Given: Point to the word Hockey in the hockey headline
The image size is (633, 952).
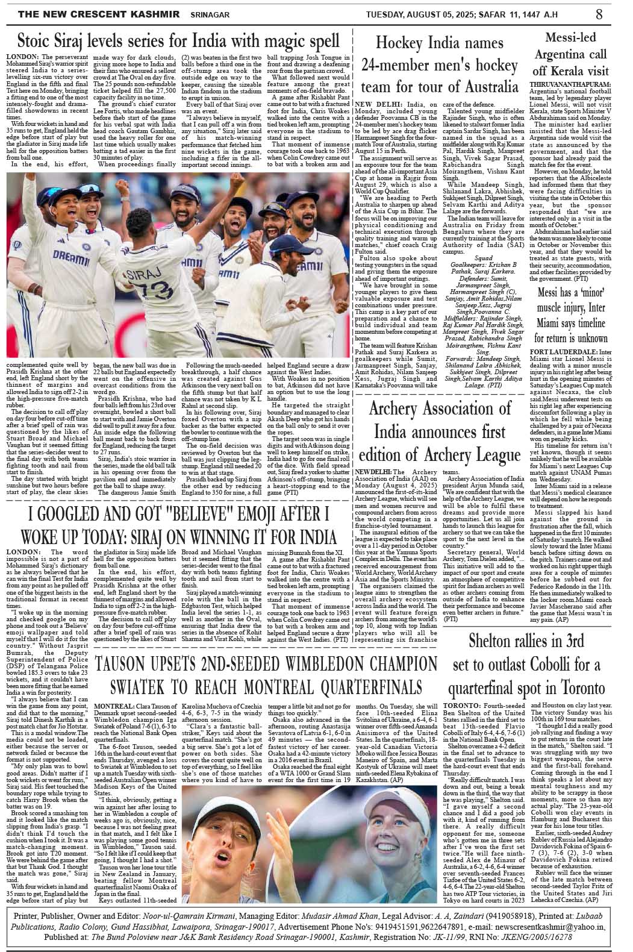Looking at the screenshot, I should coord(399,43).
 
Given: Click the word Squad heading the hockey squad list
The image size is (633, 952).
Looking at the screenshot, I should coord(484,258).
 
